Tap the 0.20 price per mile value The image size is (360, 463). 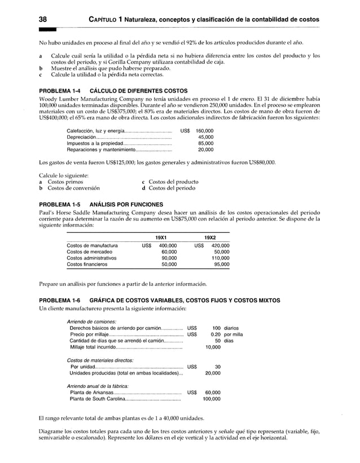[x=214, y=334]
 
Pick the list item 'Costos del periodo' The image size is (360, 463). [x=174, y=188]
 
